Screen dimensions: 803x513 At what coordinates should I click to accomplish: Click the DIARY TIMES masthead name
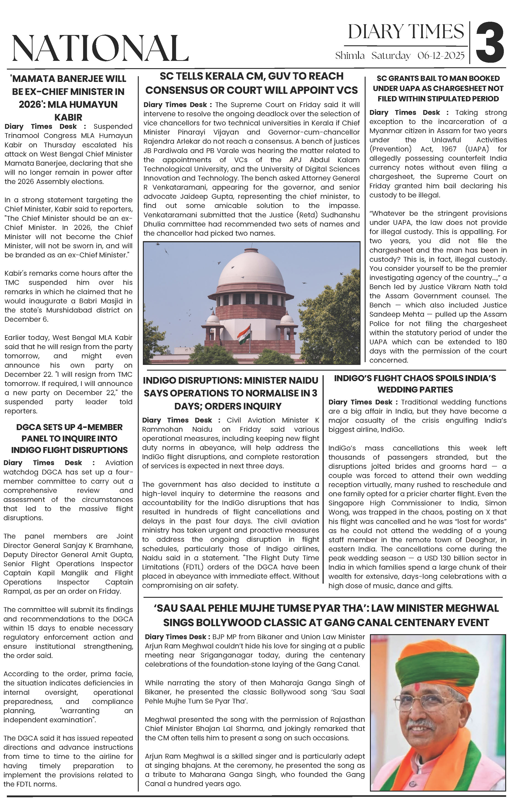click(x=406, y=32)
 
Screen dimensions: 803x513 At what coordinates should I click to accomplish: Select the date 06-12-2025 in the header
click(x=441, y=55)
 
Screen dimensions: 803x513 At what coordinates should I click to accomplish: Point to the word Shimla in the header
click(x=350, y=55)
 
